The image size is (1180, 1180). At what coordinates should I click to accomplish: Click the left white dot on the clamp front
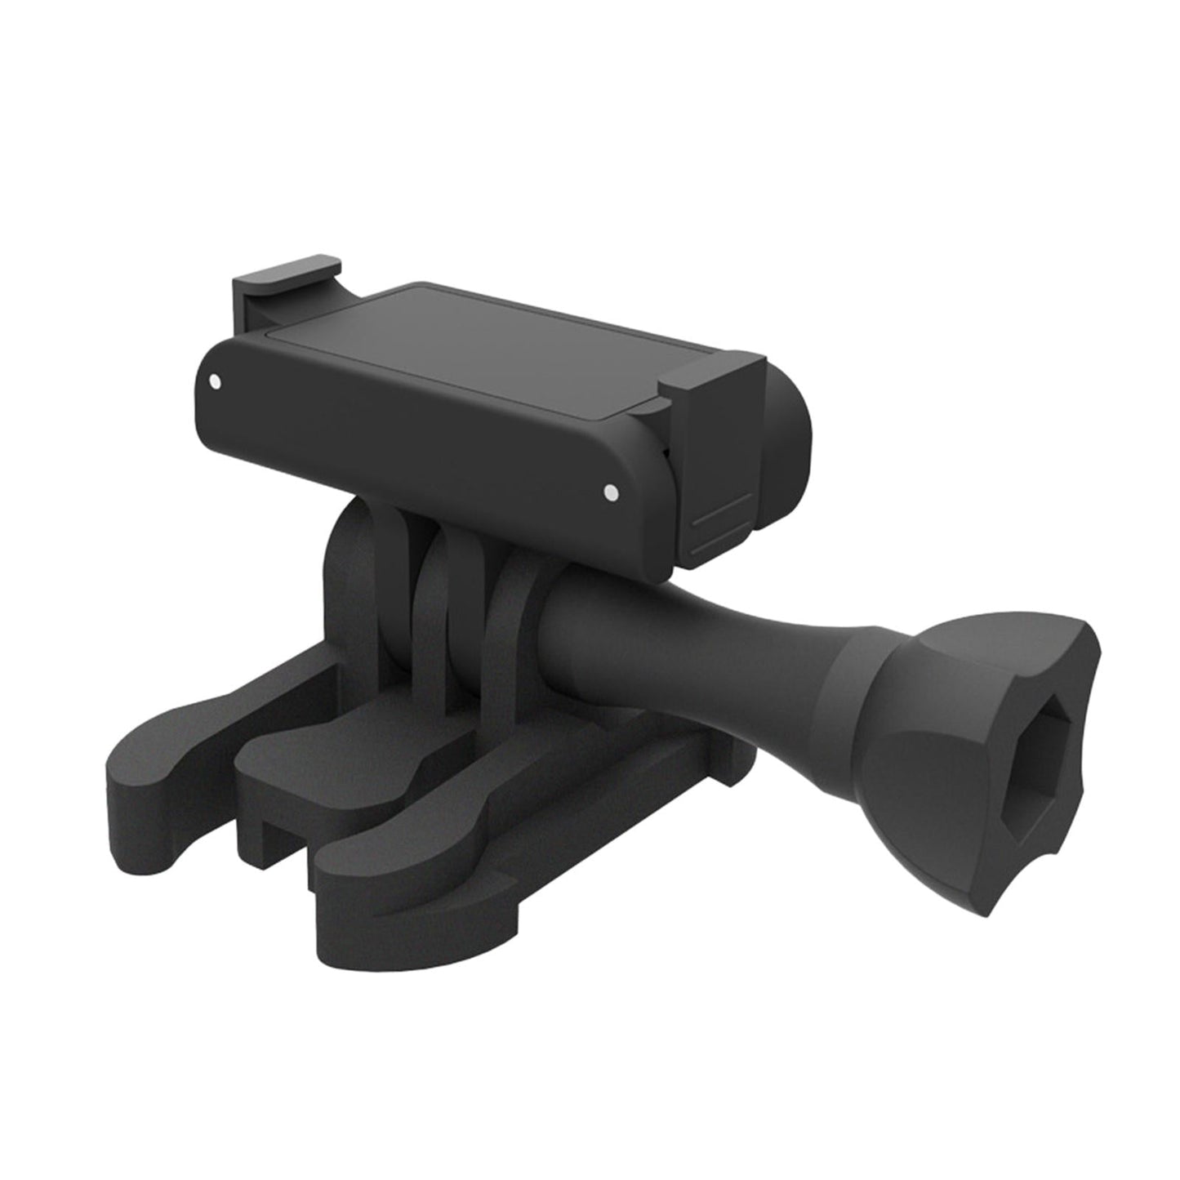point(215,381)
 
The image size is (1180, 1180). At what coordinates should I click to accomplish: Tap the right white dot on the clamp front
point(608,491)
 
